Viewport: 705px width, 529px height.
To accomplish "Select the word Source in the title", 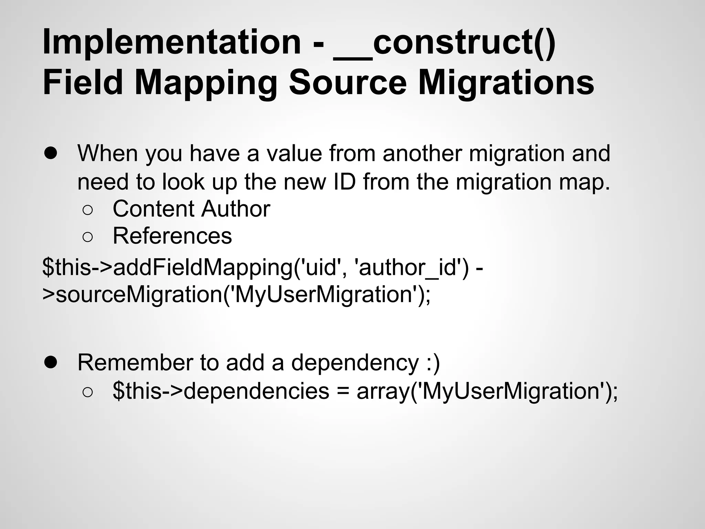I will pyautogui.click(x=348, y=83).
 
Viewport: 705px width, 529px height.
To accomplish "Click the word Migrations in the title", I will pyautogui.click(x=506, y=83).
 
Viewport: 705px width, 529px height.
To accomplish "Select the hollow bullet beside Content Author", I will pyautogui.click(x=87, y=210).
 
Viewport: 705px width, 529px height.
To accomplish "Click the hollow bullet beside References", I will pyautogui.click(x=87, y=237).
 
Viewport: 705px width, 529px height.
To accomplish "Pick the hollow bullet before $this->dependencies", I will pyautogui.click(x=87, y=392).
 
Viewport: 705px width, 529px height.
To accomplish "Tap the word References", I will pyautogui.click(x=172, y=236).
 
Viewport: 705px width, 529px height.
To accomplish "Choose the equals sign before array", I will pyautogui.click(x=343, y=392).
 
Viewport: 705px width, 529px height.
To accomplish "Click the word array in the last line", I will pyautogui.click(x=382, y=392).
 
